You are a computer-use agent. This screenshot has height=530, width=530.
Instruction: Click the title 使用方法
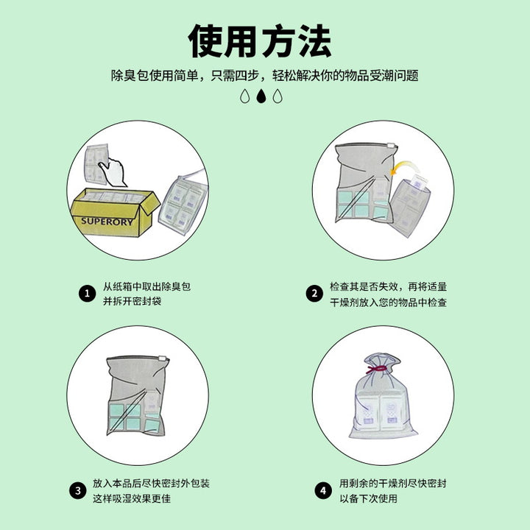click(260, 40)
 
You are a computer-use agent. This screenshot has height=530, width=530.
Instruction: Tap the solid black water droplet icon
click(261, 96)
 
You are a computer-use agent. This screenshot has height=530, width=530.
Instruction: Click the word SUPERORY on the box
click(107, 222)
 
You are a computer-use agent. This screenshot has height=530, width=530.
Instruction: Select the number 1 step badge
click(87, 294)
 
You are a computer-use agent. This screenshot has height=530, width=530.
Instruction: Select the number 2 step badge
click(314, 294)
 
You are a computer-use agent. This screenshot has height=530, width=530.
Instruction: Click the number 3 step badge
click(78, 490)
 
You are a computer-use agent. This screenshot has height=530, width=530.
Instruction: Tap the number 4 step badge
click(323, 490)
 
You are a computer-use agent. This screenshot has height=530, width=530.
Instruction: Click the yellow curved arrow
click(404, 167)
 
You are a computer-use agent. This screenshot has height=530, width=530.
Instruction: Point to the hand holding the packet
click(113, 172)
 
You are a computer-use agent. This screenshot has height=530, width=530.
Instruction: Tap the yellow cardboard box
click(115, 212)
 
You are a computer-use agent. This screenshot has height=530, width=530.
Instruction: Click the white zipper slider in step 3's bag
click(163, 359)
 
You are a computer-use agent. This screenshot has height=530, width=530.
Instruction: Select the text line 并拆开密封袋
click(132, 301)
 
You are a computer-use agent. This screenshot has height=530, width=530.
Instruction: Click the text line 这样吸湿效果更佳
click(132, 498)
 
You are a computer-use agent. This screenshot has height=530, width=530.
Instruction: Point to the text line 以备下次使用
click(369, 498)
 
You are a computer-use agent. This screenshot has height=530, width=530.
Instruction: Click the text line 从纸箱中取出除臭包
click(146, 286)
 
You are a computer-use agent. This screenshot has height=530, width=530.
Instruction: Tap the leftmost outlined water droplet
click(244, 96)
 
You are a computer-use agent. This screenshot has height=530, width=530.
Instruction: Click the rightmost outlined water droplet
click(278, 96)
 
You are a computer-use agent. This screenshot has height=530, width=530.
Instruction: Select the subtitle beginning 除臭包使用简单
click(265, 75)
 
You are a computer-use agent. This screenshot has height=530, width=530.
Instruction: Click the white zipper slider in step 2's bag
click(391, 146)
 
